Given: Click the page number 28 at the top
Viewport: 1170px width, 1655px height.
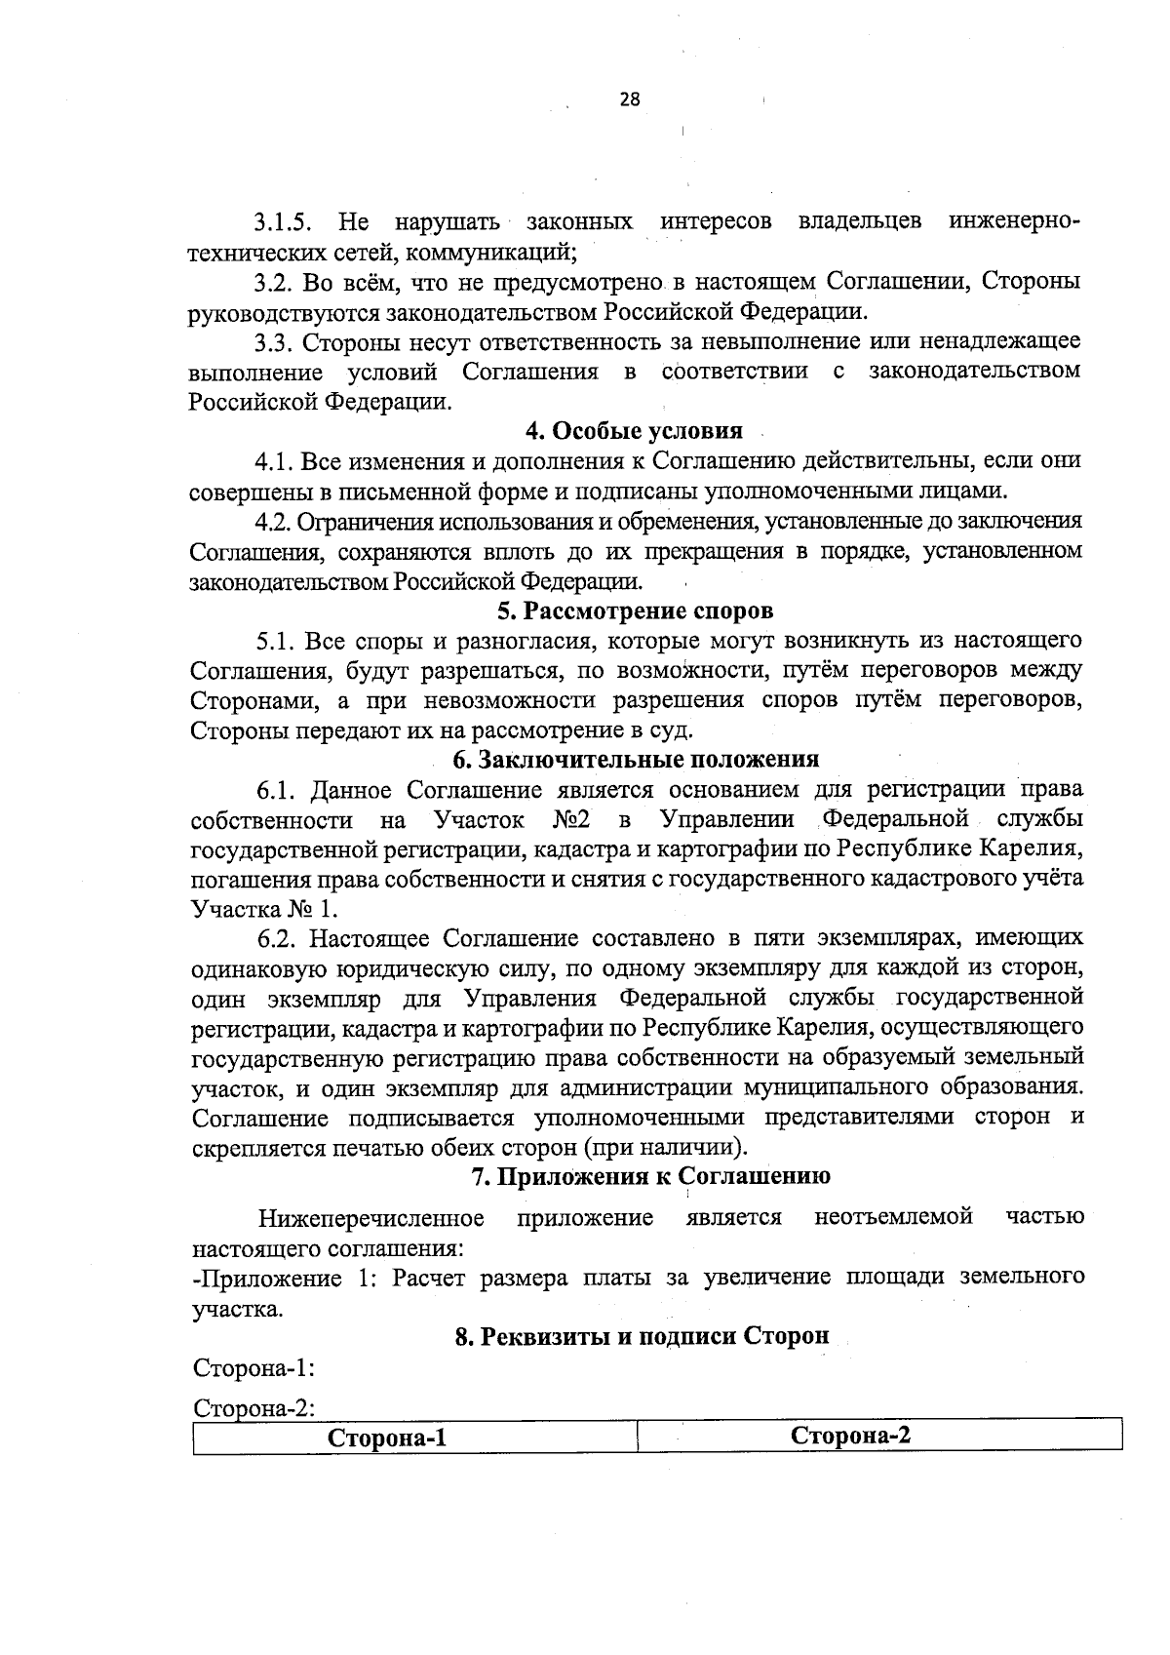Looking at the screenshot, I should click(x=629, y=99).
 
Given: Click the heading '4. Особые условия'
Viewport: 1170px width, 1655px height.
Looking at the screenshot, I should click(x=634, y=430).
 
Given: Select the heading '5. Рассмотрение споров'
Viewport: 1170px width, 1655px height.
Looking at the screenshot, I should click(x=635, y=611).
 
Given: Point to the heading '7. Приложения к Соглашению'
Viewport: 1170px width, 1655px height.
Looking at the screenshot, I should click(x=650, y=1176).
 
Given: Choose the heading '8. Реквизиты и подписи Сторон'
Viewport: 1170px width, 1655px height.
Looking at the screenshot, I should click(x=642, y=1336).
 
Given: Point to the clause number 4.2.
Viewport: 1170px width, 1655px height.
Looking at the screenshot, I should click(x=273, y=522).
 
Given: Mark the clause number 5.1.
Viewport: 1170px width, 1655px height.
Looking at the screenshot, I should click(x=276, y=642).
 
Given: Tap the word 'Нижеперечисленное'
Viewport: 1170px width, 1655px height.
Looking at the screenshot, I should click(x=371, y=1218).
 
